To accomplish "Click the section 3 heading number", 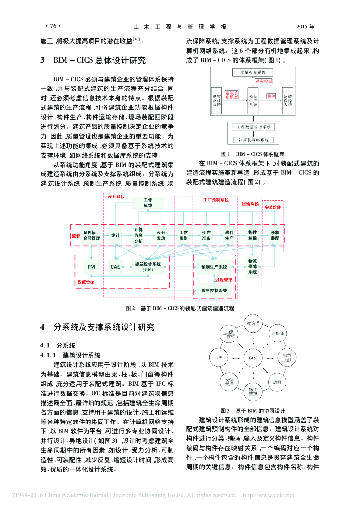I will (x=43, y=61).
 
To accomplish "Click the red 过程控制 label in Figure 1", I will (x=264, y=80).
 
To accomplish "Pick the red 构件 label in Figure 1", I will (x=271, y=95).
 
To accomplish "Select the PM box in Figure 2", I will (x=91, y=267).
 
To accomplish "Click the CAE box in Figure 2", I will (x=115, y=267).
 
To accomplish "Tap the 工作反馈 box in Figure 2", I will (x=148, y=202).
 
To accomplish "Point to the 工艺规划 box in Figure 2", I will (x=183, y=235).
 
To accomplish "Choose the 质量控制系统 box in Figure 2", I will (x=214, y=290).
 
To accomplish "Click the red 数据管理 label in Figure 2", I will (x=86, y=282).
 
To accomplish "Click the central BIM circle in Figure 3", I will (x=253, y=357).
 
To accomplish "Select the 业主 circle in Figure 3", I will (x=218, y=357).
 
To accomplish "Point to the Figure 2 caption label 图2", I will (x=130, y=308).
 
